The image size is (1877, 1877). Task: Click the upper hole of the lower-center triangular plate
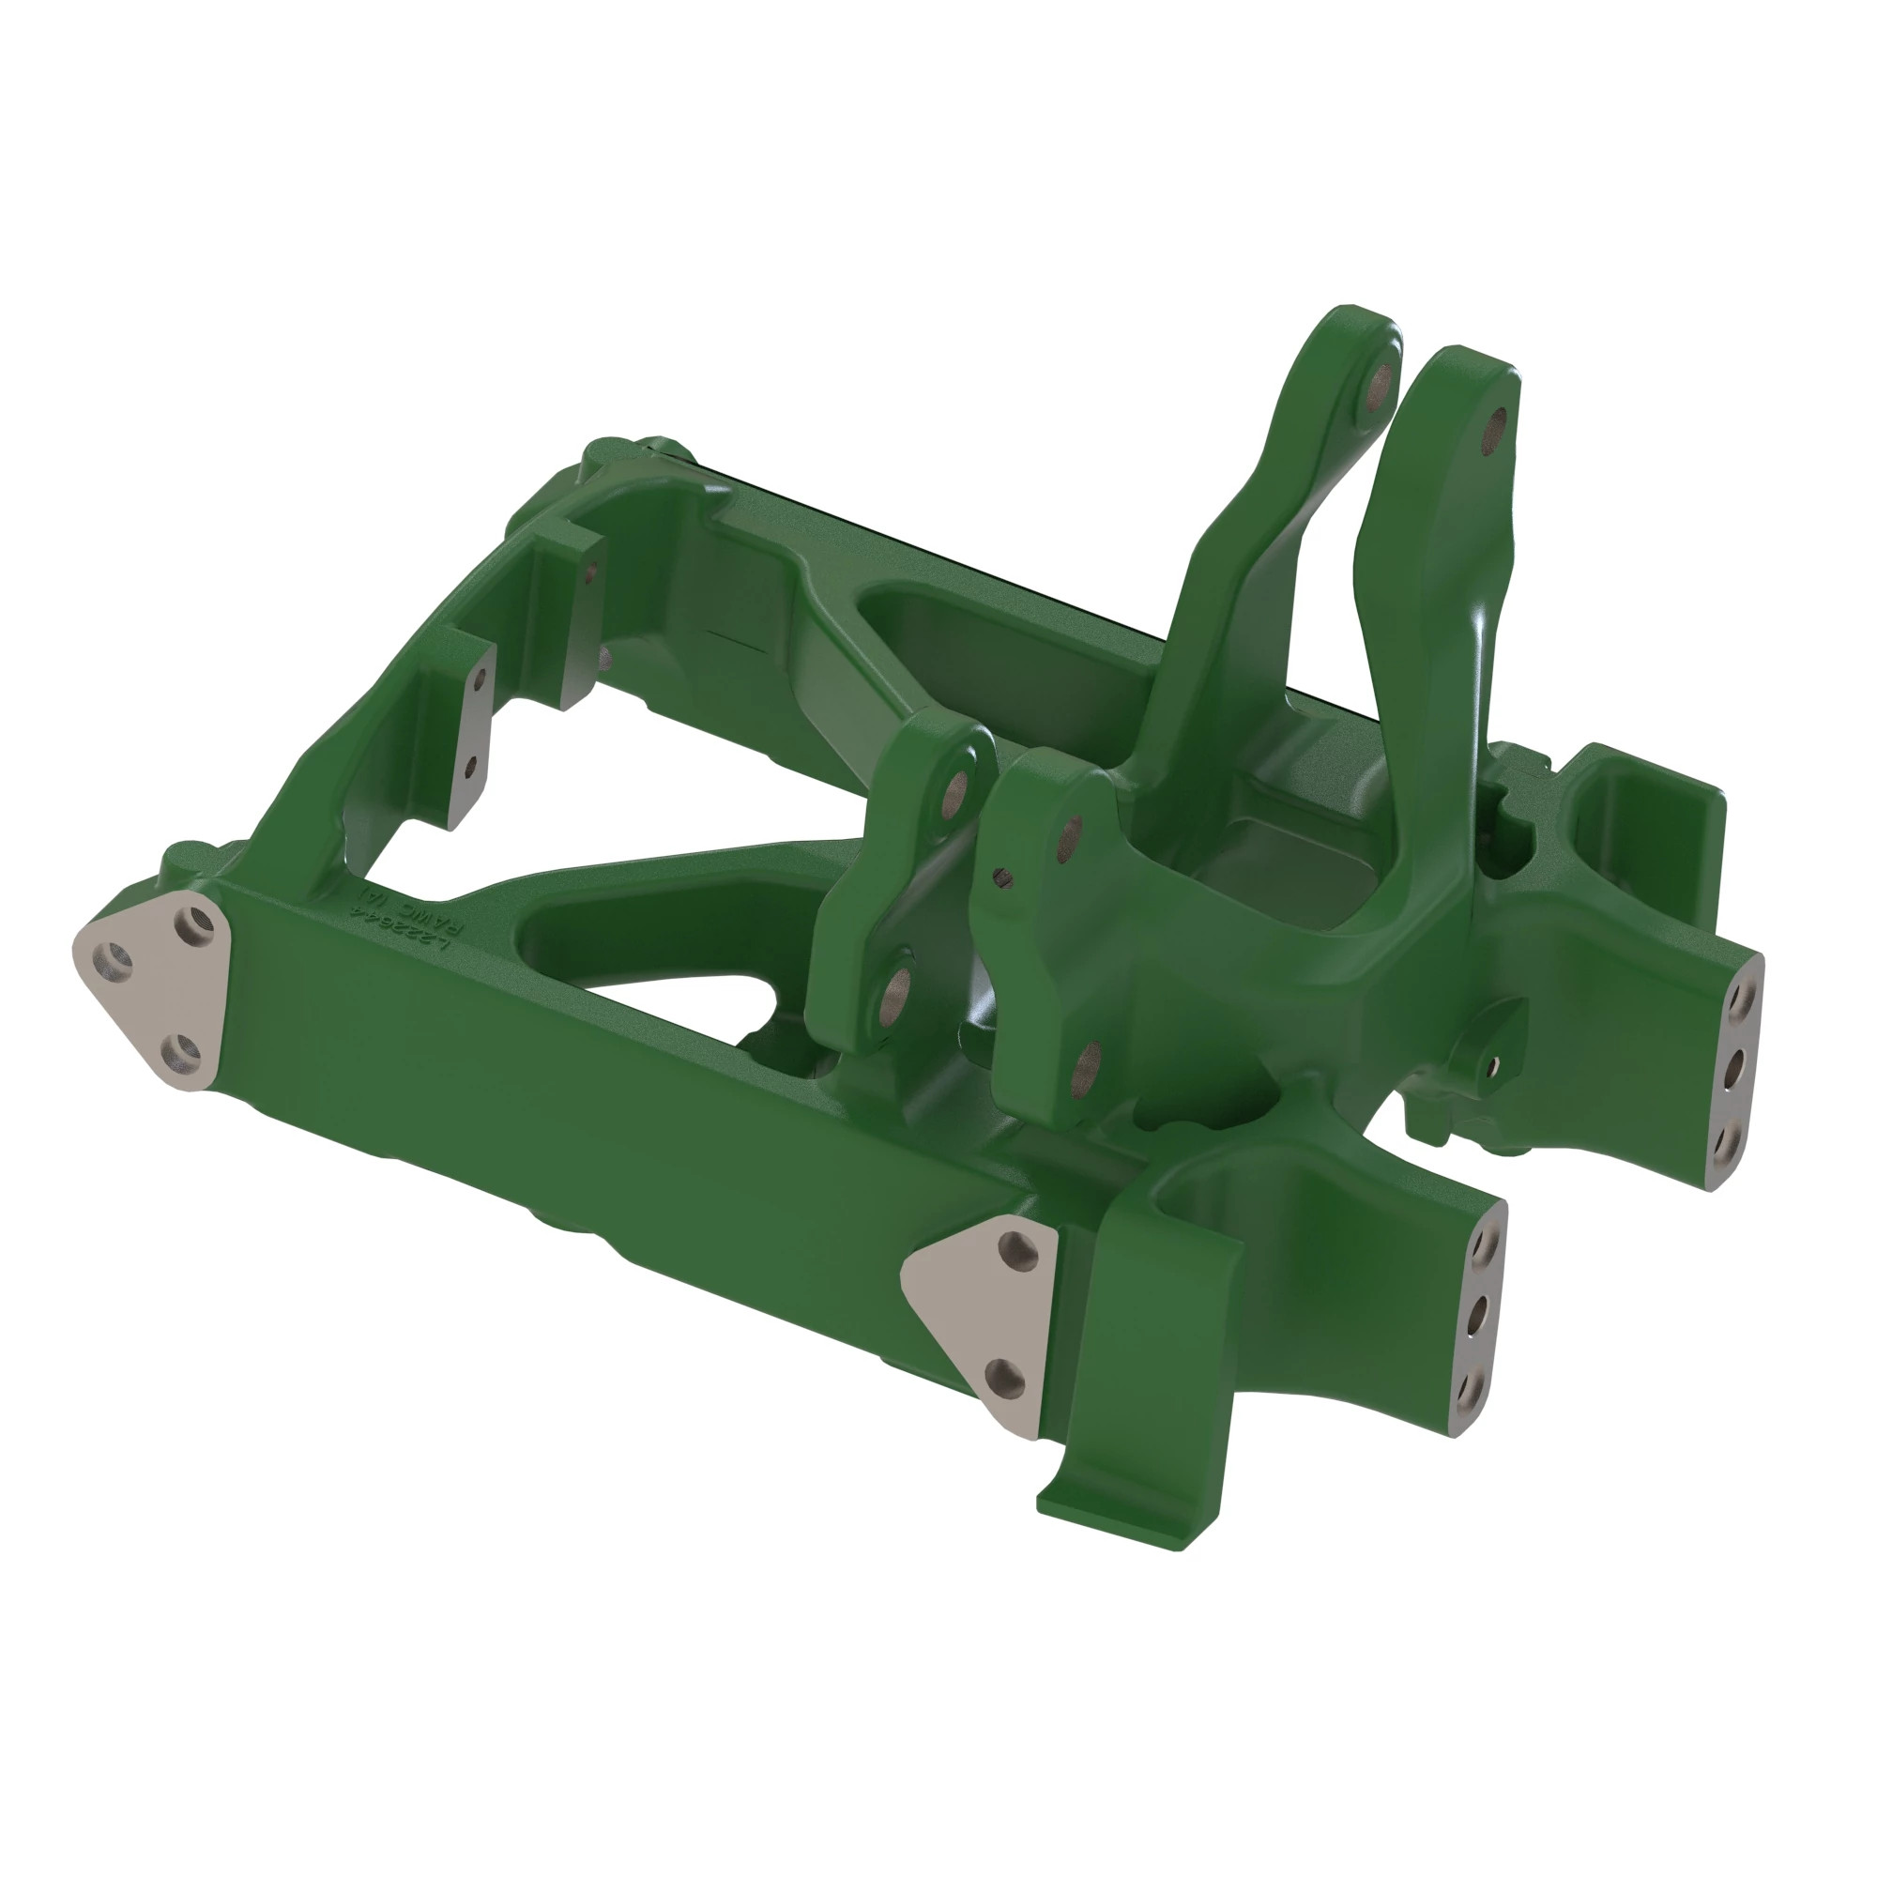1017,1244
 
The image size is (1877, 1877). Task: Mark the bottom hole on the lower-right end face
1468,1396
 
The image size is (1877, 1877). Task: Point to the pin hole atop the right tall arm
1498,426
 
